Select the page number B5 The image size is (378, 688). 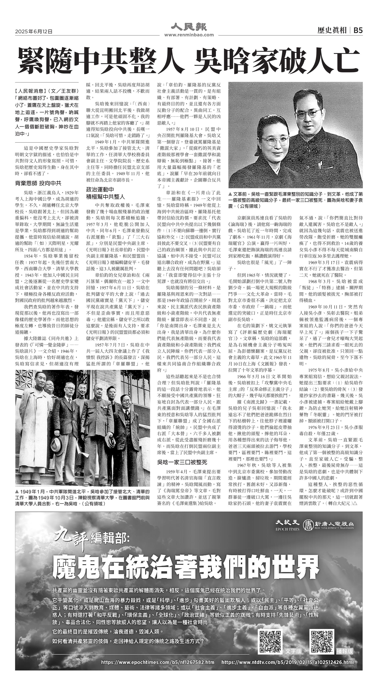click(358, 30)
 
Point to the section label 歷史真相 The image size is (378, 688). click(332, 30)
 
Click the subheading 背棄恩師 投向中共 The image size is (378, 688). click(38, 183)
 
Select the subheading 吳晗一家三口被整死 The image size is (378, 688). click(182, 462)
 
